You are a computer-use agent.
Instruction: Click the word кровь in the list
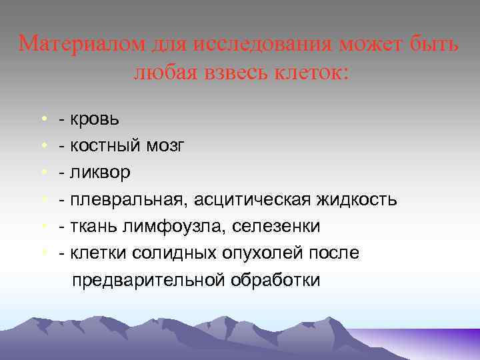pyautogui.click(x=97, y=119)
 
